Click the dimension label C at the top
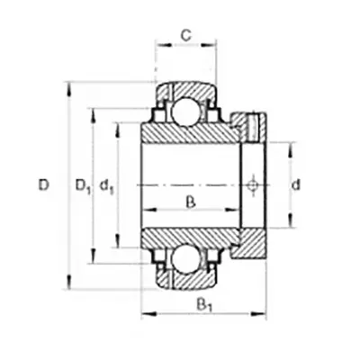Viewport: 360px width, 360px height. pos(186,36)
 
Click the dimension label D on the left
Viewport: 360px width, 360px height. pos(44,185)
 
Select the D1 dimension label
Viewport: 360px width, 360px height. pos(82,186)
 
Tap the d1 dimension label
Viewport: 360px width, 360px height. pos(106,186)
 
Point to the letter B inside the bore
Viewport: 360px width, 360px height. pos(191,202)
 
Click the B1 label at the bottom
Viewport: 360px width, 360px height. pos(204,305)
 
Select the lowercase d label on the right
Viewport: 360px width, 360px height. pos(296,185)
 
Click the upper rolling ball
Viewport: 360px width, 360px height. pos(186,111)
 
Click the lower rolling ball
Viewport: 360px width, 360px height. pos(186,258)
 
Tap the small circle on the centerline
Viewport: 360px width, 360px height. pos(253,185)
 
